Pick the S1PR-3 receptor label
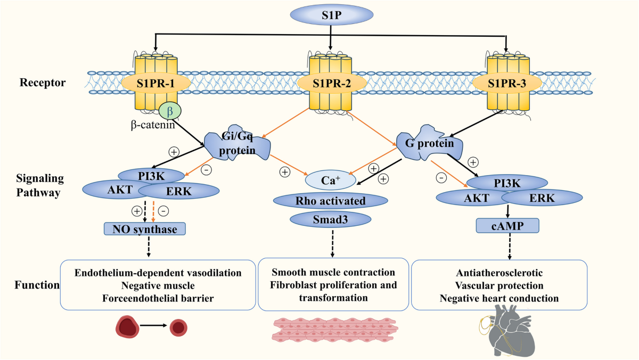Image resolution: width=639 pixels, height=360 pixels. coord(505,83)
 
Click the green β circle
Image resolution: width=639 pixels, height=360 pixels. coord(170,111)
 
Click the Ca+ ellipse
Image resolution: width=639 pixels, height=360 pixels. coord(330,179)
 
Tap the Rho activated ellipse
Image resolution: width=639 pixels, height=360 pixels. coord(330,201)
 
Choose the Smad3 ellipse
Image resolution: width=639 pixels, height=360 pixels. coord(330,218)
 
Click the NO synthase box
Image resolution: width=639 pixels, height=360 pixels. coord(145,230)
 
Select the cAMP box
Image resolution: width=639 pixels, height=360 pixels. coord(507,226)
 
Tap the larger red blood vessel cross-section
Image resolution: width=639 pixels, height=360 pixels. coord(128,326)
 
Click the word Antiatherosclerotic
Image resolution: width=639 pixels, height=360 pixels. coord(499,272)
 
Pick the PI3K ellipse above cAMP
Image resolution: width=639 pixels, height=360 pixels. coord(506,183)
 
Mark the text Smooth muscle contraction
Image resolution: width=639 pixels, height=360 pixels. coord(333,272)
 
